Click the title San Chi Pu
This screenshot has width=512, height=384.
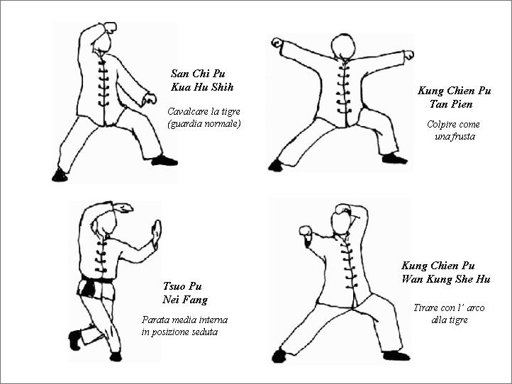[198, 74]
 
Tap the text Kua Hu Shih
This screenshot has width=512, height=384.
[202, 87]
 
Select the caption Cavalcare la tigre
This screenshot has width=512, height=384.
[204, 111]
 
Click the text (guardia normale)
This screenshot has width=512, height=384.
[204, 124]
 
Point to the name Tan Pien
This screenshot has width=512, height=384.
[451, 104]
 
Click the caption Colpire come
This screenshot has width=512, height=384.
[453, 125]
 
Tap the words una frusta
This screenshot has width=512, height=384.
[455, 136]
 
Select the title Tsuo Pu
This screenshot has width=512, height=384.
[182, 286]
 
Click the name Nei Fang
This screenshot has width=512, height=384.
[185, 300]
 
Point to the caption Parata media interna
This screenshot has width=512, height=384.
[184, 320]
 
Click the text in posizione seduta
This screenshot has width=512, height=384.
[179, 332]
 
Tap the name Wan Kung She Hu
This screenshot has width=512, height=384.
[446, 279]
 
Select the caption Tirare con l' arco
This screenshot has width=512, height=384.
[449, 307]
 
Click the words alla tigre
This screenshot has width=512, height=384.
[450, 320]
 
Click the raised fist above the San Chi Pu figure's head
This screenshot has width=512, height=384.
[110, 27]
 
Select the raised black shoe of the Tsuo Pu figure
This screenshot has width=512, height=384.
[75, 339]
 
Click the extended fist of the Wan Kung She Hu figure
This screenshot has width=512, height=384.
[306, 231]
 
